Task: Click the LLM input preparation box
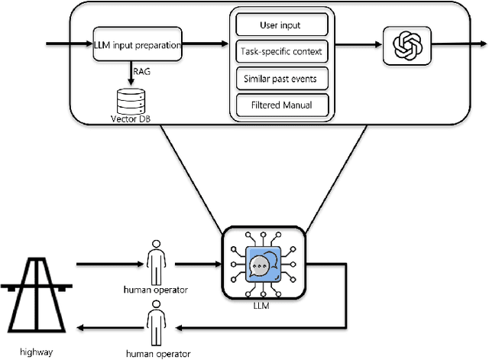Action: tap(138, 45)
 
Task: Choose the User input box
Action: tap(283, 25)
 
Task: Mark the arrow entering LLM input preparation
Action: tap(69, 44)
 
